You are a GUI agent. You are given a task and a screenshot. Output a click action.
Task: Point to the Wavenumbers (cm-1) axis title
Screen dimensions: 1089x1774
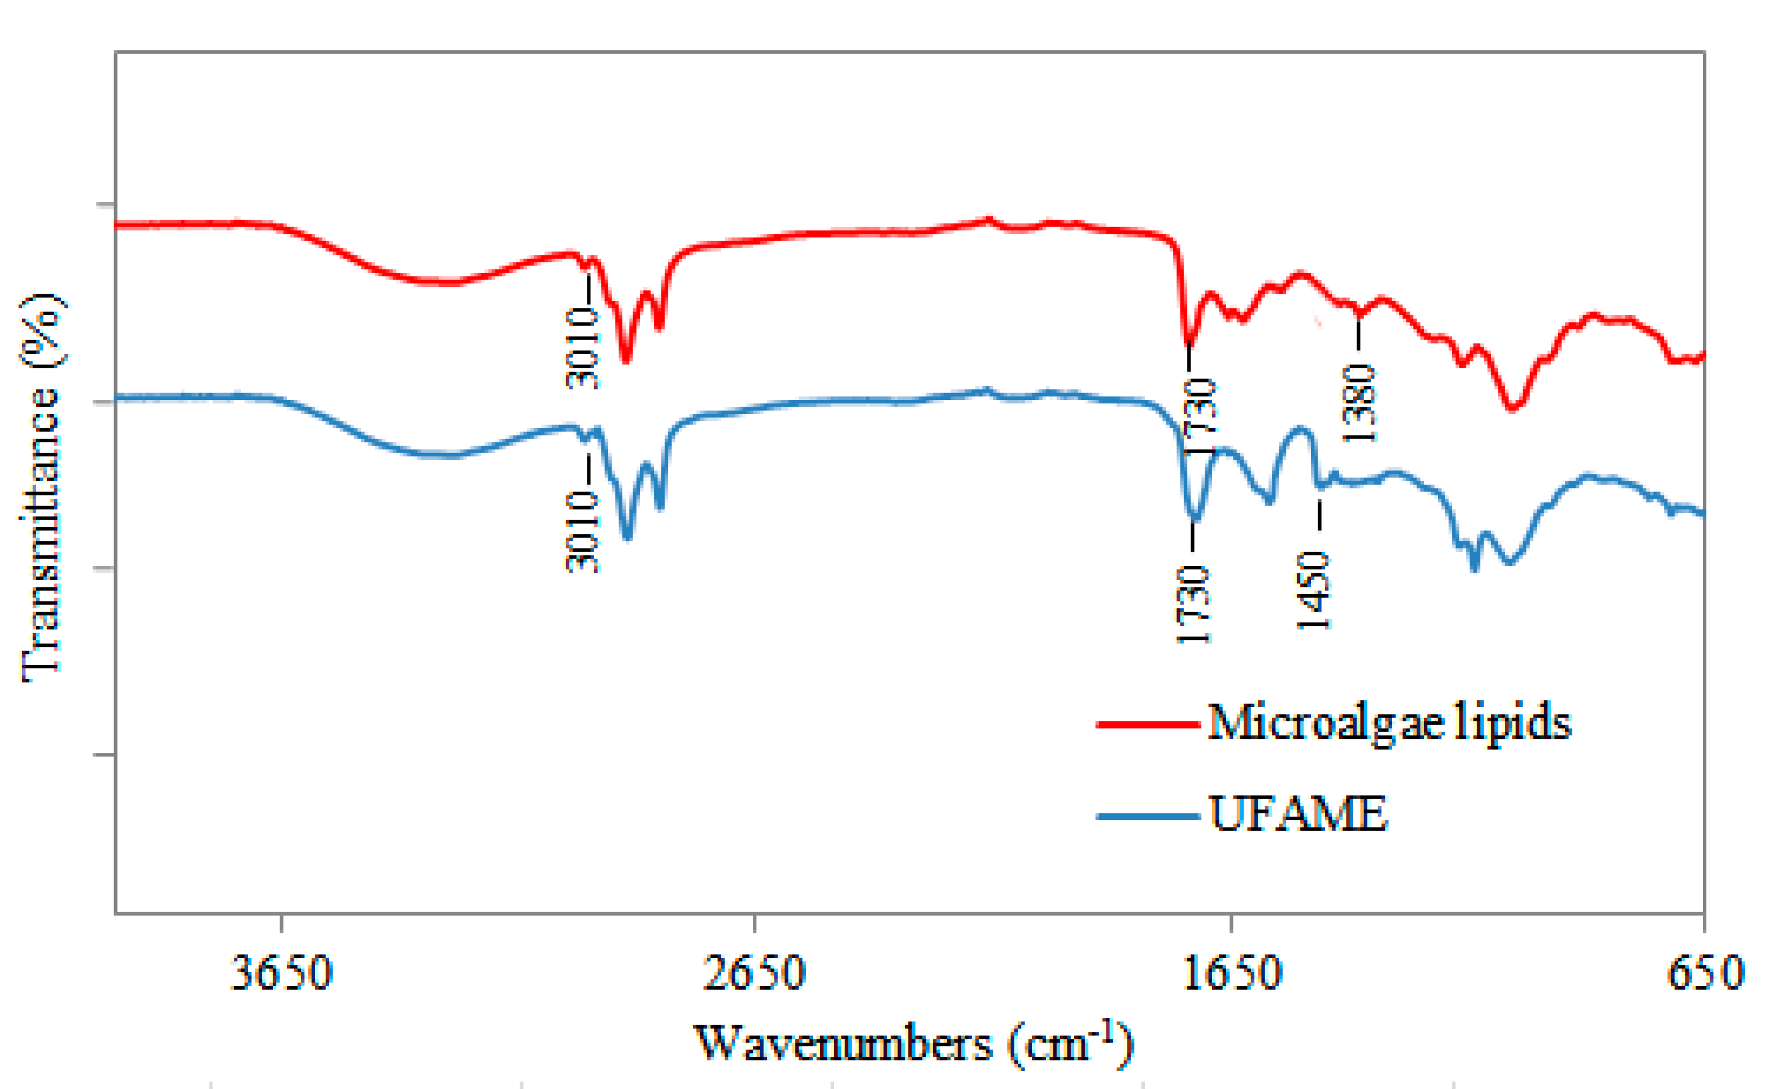click(913, 1042)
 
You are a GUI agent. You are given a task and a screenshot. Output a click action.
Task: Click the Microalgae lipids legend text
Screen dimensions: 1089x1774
click(1389, 722)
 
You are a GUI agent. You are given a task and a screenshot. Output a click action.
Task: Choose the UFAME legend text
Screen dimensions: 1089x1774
click(1297, 814)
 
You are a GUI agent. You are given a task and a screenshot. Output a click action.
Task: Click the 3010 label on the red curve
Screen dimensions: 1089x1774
click(582, 348)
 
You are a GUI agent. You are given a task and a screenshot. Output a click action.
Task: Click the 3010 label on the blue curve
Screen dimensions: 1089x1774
click(582, 532)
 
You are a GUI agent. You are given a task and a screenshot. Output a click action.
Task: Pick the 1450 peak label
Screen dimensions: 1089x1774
click(1313, 591)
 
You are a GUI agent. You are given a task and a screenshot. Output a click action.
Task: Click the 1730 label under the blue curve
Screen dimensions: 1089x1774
click(1193, 604)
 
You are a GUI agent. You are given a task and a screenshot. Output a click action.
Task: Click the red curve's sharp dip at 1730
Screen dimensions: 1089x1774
click(1189, 345)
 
